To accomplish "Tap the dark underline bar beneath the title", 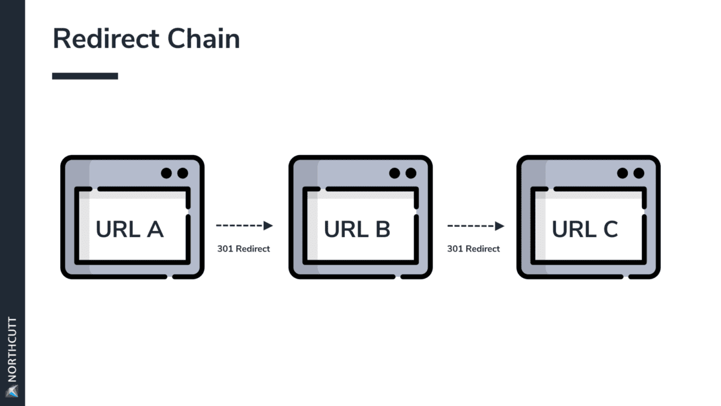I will click(85, 76).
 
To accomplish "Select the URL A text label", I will click(129, 229).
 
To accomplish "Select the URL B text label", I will click(357, 229).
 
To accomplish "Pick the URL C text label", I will click(585, 229).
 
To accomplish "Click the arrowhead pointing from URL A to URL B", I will click(268, 226).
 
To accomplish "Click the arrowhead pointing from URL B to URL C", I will click(499, 226).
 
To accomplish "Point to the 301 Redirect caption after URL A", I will click(243, 248).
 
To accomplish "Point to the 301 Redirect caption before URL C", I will click(473, 248).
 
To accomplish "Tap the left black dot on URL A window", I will click(166, 173).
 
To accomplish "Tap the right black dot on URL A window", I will click(183, 173).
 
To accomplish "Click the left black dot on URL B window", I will click(395, 173).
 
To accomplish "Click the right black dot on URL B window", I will click(411, 173).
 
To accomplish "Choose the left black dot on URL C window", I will click(622, 173).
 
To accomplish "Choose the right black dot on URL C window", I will click(639, 173).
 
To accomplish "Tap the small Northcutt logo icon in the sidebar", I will click(13, 392).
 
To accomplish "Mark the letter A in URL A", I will click(154, 229).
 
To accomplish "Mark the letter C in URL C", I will click(609, 229).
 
